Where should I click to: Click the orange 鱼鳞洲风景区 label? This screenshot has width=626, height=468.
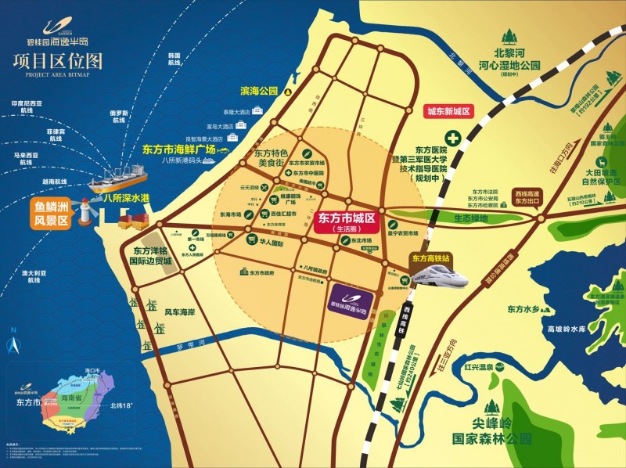coord(51,214)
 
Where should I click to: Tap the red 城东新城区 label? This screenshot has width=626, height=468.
coord(448,112)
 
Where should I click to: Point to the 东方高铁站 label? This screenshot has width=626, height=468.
coord(431,257)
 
